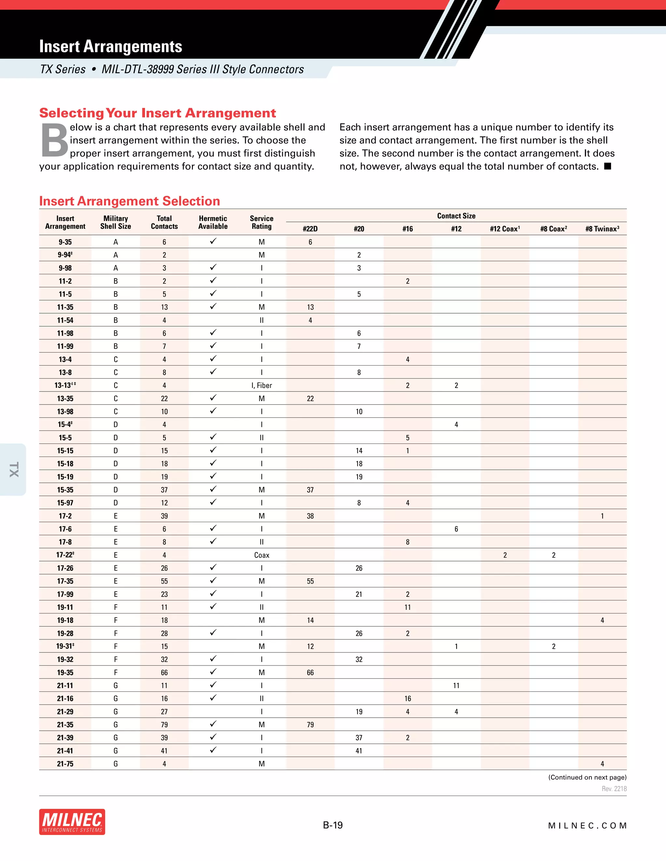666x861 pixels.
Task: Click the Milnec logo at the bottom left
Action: tap(72, 822)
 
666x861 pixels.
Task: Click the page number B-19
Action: tap(333, 825)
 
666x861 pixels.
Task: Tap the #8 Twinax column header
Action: tap(602, 229)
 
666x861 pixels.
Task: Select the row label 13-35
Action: tap(65, 399)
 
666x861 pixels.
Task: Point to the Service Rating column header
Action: tap(261, 222)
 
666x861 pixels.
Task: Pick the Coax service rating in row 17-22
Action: tap(261, 555)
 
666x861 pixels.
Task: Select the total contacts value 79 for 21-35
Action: tap(164, 725)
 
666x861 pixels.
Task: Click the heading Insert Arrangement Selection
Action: tap(129, 201)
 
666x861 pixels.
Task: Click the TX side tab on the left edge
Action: tap(13, 469)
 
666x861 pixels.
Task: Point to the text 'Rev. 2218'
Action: tap(614, 789)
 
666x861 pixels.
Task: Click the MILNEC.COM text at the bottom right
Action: tap(587, 826)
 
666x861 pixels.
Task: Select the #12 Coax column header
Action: tap(505, 229)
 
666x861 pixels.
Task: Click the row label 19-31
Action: tap(65, 646)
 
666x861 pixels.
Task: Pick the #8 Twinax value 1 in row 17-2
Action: tap(602, 516)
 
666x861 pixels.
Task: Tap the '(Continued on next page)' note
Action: tap(587, 777)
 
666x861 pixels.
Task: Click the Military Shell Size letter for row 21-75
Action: tap(115, 764)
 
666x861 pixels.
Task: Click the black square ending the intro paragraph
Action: tap(607, 166)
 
